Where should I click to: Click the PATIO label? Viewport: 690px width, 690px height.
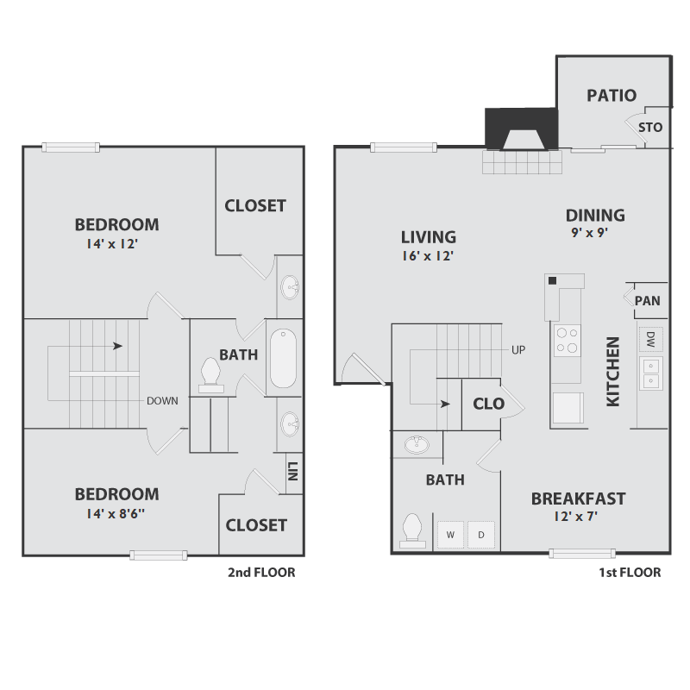[x=612, y=96]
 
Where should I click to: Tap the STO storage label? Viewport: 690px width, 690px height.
[x=650, y=128]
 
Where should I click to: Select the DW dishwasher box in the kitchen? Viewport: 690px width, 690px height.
[x=650, y=339]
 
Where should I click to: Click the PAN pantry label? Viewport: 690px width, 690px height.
[x=647, y=301]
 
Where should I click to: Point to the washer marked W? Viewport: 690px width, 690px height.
[x=450, y=535]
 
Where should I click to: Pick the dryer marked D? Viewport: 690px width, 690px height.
[x=480, y=535]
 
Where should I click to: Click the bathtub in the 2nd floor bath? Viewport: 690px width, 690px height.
[x=283, y=359]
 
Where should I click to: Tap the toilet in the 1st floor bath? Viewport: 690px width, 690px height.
[x=413, y=530]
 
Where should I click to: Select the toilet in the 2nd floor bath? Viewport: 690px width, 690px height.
[x=210, y=374]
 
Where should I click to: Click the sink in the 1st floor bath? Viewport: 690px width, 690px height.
[x=418, y=444]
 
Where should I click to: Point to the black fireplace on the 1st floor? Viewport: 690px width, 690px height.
[x=521, y=130]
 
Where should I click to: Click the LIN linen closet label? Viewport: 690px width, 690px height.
[x=293, y=473]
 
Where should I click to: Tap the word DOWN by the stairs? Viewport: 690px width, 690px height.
[x=162, y=400]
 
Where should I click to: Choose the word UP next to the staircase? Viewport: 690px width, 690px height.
[x=518, y=350]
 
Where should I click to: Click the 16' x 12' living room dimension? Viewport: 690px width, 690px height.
[x=429, y=256]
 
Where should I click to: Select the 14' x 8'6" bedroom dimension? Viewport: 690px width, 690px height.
[x=116, y=514]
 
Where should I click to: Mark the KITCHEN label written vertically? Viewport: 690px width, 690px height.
[x=613, y=371]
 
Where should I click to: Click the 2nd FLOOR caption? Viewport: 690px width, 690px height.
[x=261, y=572]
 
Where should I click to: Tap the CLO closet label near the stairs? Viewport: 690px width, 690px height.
[x=489, y=403]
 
